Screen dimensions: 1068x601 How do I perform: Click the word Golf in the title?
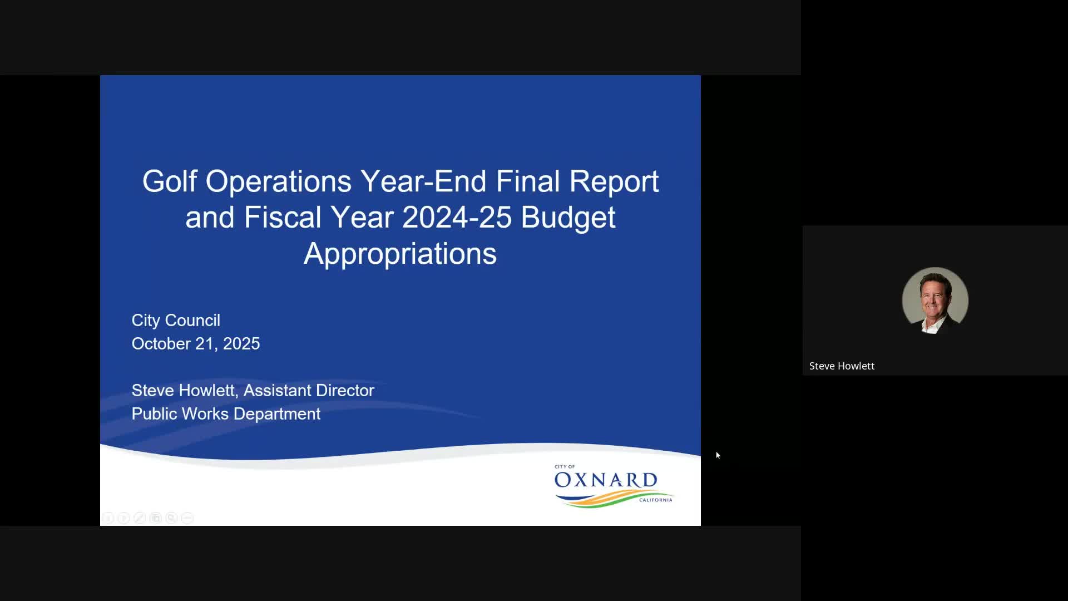(169, 181)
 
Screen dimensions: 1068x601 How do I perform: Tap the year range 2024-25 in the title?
(457, 218)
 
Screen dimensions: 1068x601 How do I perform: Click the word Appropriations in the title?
(400, 254)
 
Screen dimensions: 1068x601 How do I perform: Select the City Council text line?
(176, 321)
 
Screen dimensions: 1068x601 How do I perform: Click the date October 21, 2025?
(196, 344)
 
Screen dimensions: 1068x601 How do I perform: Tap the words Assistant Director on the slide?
(309, 391)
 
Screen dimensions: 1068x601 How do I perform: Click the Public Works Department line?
(226, 414)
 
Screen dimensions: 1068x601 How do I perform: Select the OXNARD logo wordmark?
(606, 480)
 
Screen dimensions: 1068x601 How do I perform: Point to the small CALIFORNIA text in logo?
(656, 500)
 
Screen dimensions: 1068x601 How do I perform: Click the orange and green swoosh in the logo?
(617, 499)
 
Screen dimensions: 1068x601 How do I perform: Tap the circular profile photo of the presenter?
(935, 300)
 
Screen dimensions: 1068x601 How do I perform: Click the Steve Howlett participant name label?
(842, 366)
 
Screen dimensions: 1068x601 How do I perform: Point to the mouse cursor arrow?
(718, 455)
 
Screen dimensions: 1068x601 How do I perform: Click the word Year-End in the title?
(423, 181)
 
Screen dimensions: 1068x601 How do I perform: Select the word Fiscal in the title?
(283, 218)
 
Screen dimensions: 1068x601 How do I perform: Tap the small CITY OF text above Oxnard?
(565, 467)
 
